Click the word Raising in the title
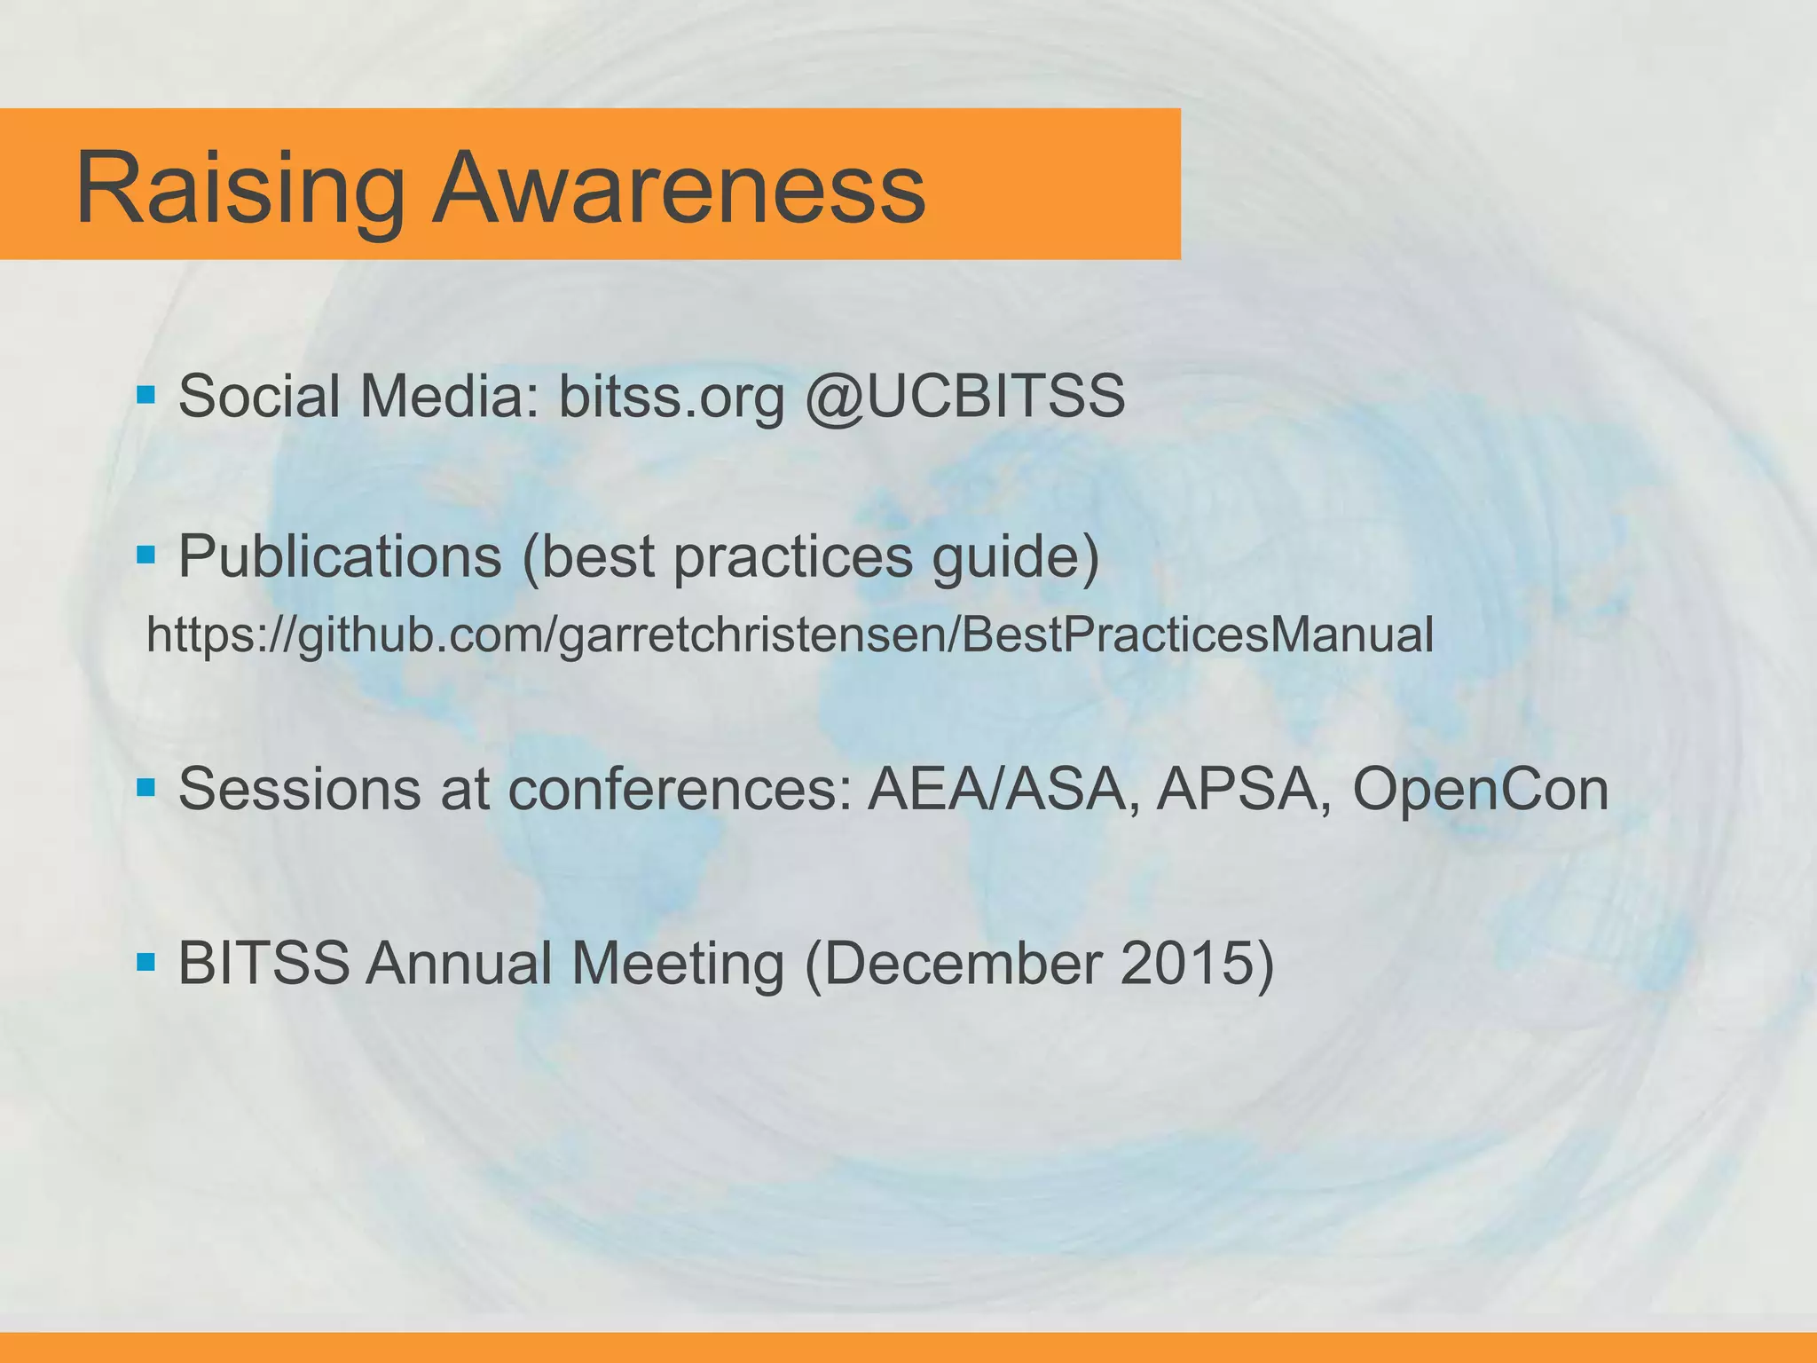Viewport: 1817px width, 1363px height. (240, 189)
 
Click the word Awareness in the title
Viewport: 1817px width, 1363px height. (679, 189)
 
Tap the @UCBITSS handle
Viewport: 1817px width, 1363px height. (964, 396)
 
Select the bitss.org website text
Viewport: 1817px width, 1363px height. (672, 396)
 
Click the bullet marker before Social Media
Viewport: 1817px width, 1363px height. (146, 392)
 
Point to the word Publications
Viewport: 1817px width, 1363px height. (340, 557)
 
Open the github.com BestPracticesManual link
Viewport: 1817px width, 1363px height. (790, 635)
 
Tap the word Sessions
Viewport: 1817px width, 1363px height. (299, 789)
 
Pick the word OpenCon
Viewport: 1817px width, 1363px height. (1480, 789)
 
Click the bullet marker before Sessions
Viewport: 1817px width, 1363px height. (146, 786)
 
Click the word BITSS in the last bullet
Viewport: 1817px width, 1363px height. (264, 963)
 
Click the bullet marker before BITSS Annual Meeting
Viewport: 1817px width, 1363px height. (146, 960)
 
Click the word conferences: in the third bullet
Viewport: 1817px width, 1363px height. (680, 789)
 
